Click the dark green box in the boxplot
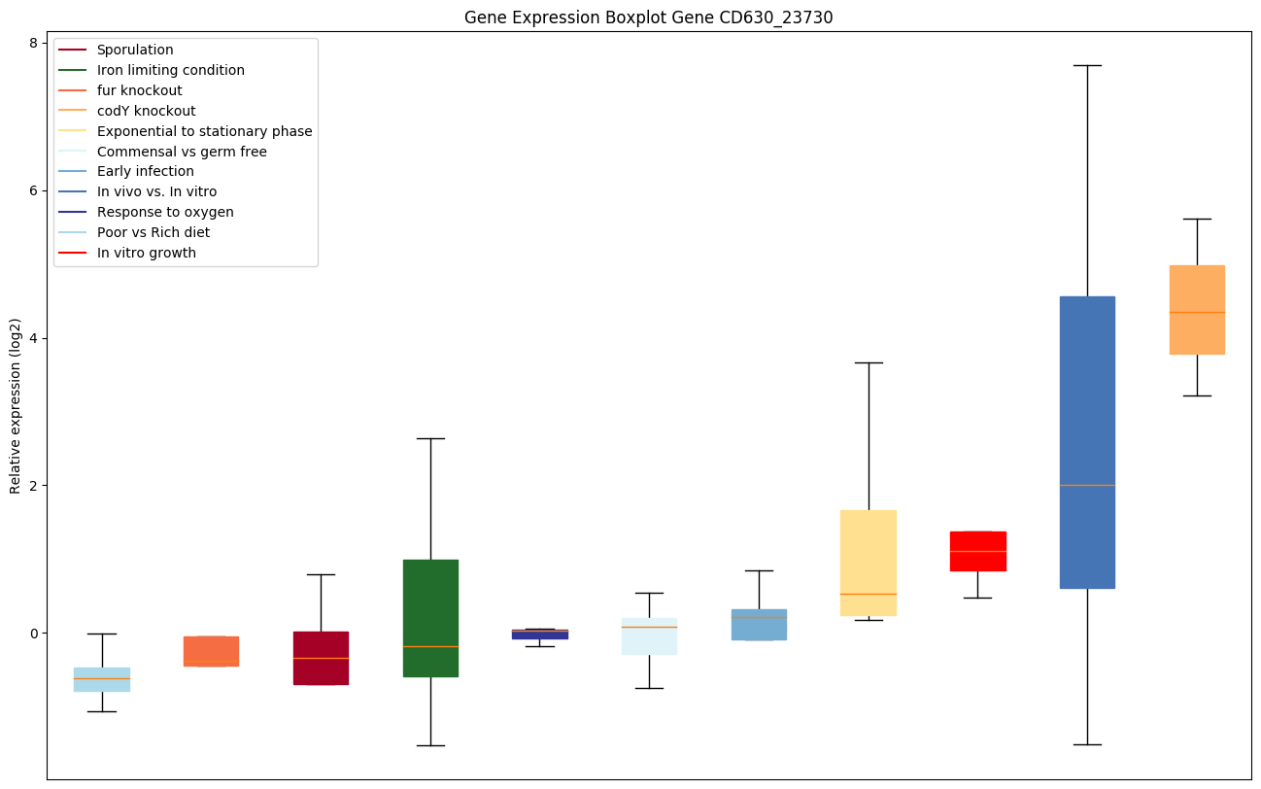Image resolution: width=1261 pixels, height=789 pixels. (x=430, y=618)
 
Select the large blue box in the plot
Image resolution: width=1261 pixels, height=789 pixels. (x=1087, y=442)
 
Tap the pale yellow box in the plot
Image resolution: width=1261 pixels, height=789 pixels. (x=869, y=563)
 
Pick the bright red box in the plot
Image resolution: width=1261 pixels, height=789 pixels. (x=977, y=551)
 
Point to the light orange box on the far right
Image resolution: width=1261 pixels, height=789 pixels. (x=1197, y=310)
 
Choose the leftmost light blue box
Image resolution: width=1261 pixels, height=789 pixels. (x=102, y=679)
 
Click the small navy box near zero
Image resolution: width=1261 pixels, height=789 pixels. (x=540, y=635)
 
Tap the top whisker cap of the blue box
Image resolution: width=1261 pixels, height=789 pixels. (x=1087, y=65)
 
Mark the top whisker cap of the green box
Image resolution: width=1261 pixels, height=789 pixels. (x=430, y=438)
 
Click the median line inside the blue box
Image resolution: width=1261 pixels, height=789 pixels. (x=1087, y=485)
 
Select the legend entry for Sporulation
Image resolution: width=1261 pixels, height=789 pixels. (x=135, y=50)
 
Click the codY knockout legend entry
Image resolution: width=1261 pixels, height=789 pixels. (x=146, y=111)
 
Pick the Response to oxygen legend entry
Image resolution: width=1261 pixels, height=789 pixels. (x=165, y=212)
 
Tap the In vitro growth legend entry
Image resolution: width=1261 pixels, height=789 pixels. (x=146, y=253)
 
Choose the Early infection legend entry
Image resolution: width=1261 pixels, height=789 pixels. (x=145, y=171)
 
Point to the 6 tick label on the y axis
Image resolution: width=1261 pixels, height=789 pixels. (x=32, y=190)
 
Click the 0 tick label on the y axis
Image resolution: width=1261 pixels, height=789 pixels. (x=32, y=634)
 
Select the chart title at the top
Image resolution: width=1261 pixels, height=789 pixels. (x=648, y=17)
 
